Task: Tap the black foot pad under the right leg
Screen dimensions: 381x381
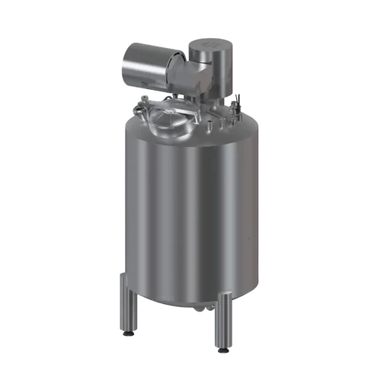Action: point(223,350)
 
